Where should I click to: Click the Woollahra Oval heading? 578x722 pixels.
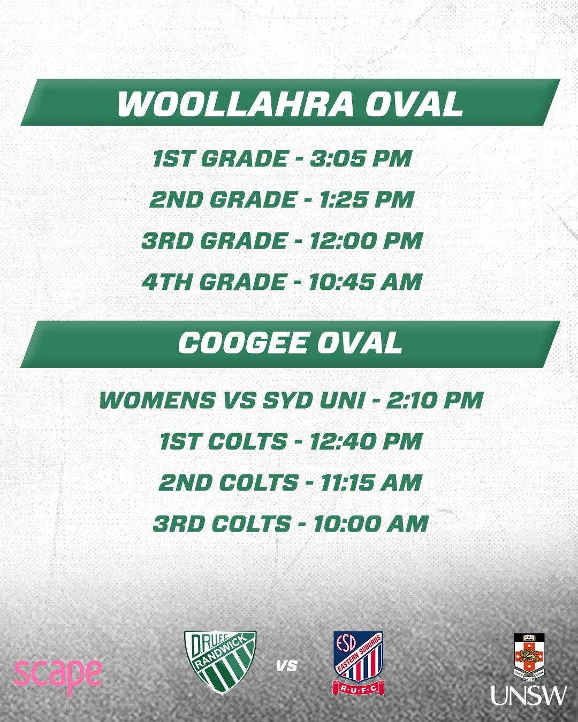point(290,103)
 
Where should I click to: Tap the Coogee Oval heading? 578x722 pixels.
point(290,343)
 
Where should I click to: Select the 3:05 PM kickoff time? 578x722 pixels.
point(361,158)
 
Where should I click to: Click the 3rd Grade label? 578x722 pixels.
point(214,240)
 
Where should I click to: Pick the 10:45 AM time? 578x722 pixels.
point(366,281)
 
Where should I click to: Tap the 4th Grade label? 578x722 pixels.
point(214,281)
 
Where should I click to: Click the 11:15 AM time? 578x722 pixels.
point(371,482)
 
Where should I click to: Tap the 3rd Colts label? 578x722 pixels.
point(222,524)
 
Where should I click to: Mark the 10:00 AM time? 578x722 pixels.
point(371,524)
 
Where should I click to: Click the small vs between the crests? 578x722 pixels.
point(287,666)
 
